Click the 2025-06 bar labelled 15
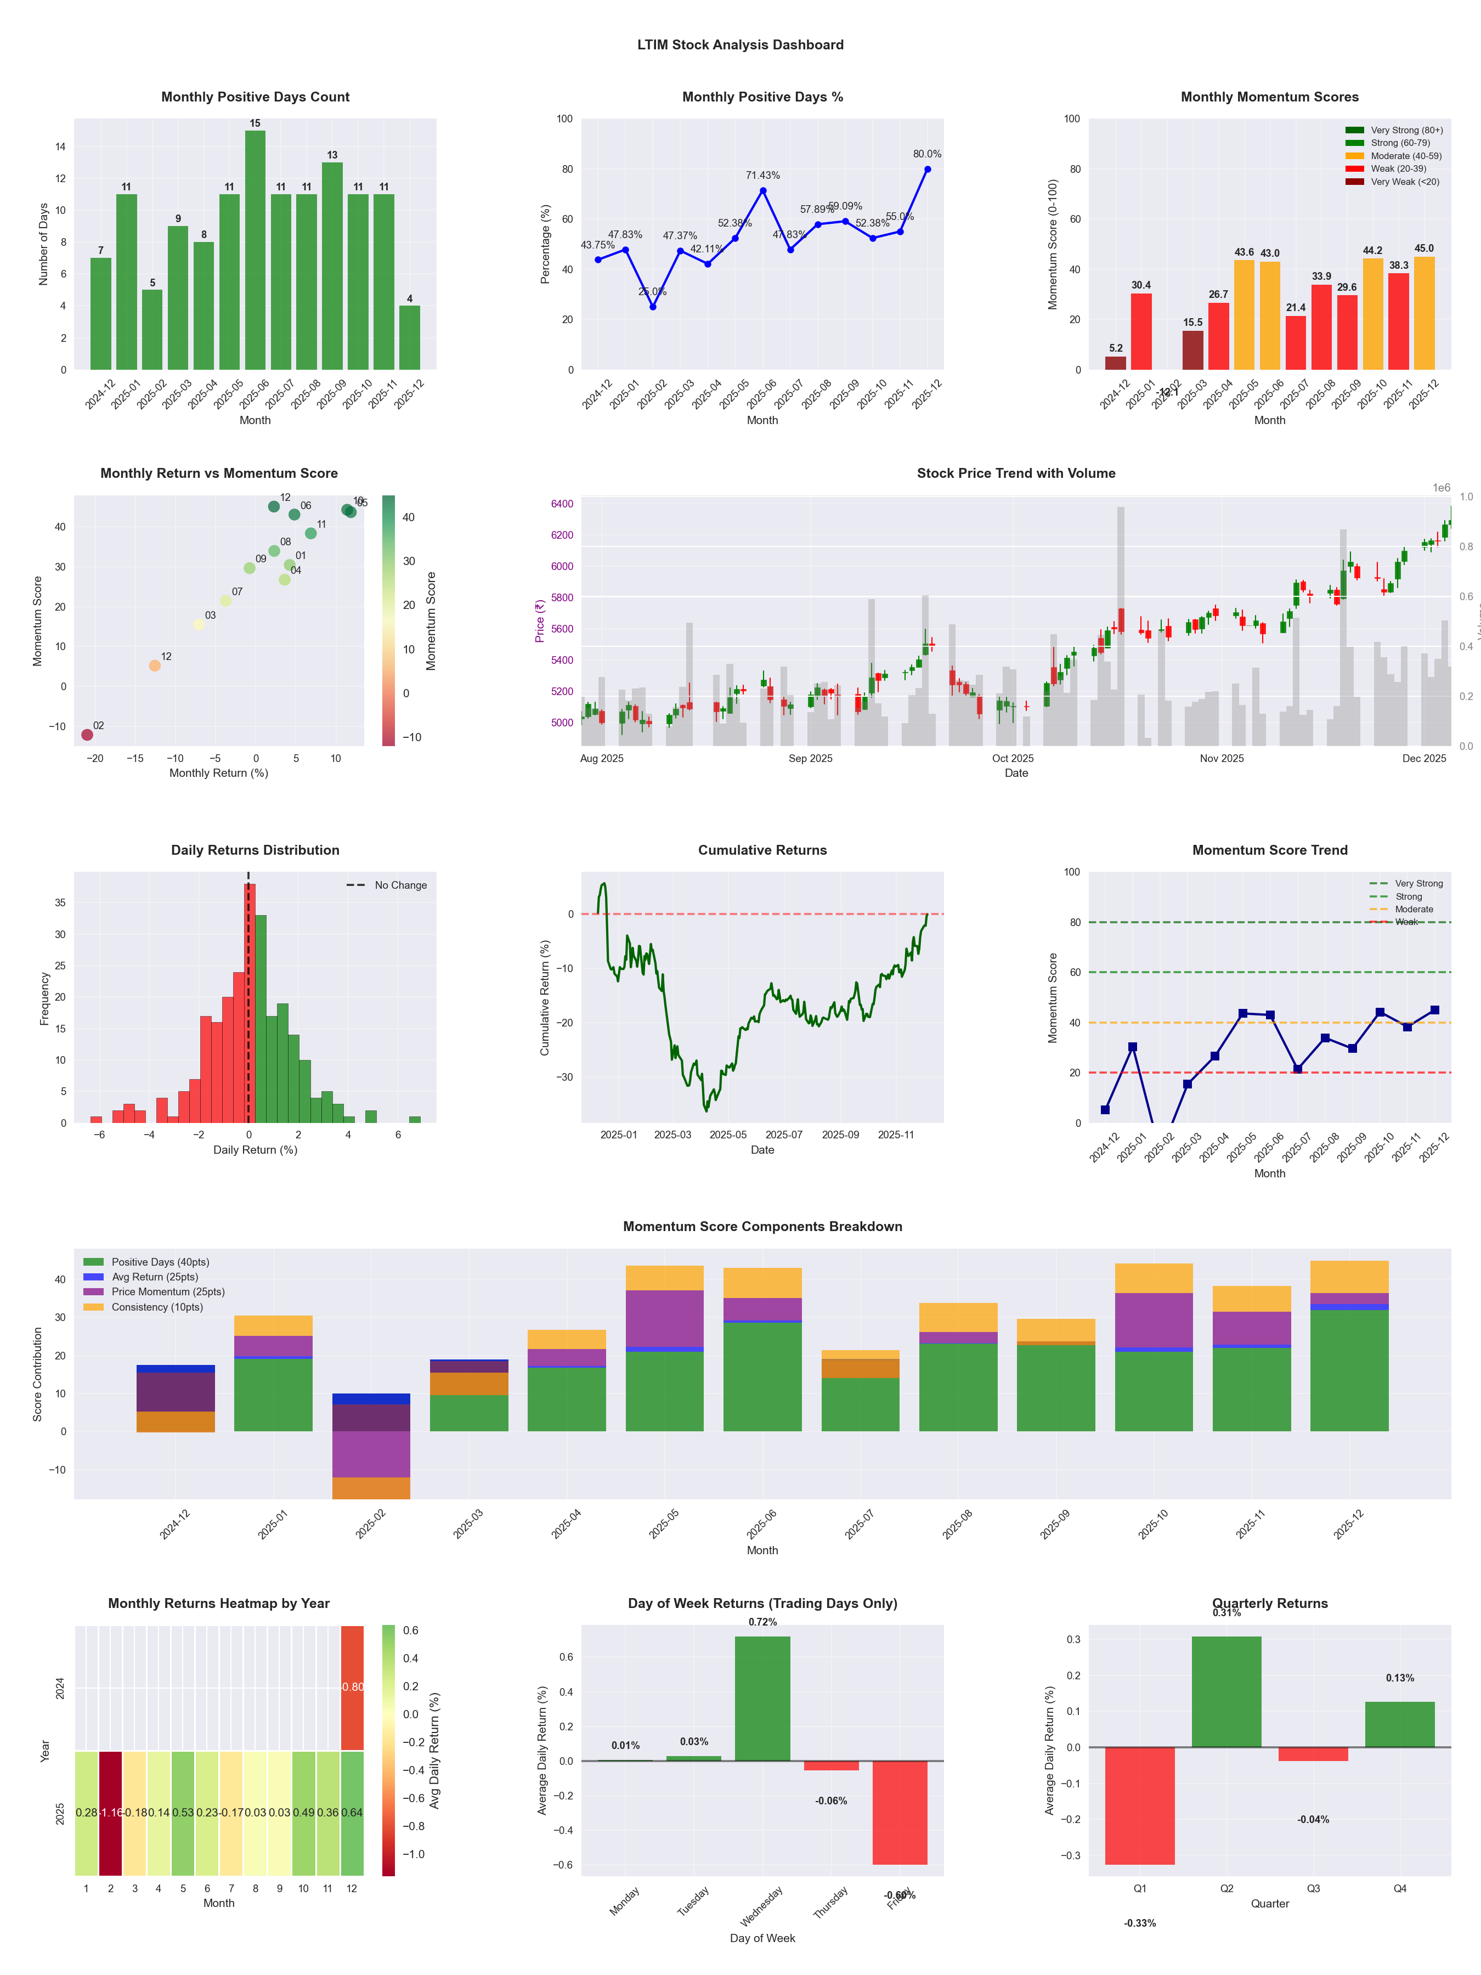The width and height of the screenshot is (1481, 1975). [x=255, y=250]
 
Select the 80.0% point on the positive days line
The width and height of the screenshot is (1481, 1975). [x=928, y=170]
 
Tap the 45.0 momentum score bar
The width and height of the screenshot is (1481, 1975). [x=1424, y=313]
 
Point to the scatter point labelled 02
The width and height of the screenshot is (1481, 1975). [x=87, y=735]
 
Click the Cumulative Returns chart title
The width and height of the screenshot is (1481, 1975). [x=762, y=850]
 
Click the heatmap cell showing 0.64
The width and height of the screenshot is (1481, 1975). [x=352, y=1813]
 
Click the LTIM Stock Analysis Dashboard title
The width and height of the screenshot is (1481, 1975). [x=740, y=44]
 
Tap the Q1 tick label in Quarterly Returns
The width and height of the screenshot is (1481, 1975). [x=1140, y=1888]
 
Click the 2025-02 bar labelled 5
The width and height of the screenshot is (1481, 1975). [x=152, y=330]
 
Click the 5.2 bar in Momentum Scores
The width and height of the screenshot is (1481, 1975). [x=1116, y=363]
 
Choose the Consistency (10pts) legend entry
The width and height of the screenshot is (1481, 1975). [x=157, y=1307]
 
